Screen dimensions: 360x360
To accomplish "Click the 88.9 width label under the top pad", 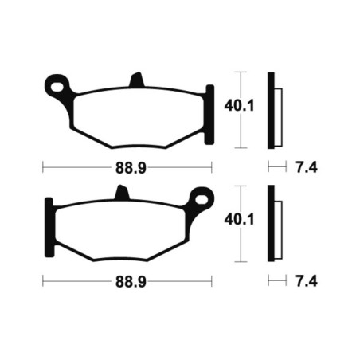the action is (131, 168).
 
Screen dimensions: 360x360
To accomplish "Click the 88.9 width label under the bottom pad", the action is (131, 282).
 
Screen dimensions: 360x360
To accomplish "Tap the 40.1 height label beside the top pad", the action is (239, 106).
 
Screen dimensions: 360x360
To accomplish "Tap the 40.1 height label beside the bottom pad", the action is (239, 220).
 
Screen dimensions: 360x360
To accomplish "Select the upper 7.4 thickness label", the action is (307, 168).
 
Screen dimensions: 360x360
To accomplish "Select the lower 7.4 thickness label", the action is (307, 282).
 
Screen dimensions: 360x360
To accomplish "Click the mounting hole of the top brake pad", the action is (57, 87).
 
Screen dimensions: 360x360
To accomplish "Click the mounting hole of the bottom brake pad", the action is (202, 200).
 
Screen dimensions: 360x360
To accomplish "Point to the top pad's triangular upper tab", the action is (137, 80).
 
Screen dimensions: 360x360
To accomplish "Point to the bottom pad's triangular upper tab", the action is (122, 193).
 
